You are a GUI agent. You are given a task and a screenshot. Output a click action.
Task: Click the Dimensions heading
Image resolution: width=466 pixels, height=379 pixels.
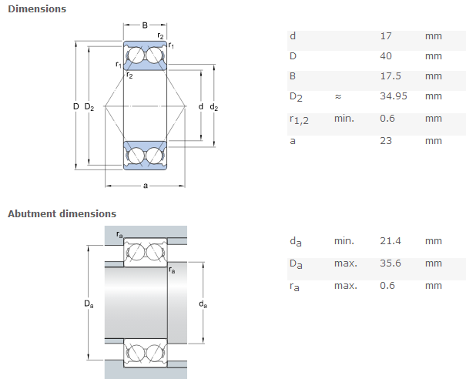37,9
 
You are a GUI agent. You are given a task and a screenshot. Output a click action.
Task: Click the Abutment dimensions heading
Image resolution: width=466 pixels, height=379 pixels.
62,213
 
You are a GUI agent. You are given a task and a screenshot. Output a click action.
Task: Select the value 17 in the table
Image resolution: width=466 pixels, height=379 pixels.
385,36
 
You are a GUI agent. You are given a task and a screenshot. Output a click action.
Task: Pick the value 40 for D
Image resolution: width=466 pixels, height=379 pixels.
387,56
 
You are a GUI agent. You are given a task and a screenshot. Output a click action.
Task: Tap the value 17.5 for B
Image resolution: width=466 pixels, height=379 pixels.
390,76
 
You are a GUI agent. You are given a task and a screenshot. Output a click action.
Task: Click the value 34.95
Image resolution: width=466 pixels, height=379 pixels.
393,96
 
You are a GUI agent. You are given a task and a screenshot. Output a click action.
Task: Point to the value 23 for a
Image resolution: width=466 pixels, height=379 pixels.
386,140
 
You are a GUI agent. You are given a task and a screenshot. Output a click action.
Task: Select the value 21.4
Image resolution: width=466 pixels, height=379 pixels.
390,241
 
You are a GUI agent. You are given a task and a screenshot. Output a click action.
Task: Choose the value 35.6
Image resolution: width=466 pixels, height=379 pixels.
390,263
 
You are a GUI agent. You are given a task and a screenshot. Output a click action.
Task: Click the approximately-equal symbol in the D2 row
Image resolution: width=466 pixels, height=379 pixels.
337,96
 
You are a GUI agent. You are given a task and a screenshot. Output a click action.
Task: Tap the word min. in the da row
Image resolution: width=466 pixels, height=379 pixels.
344,241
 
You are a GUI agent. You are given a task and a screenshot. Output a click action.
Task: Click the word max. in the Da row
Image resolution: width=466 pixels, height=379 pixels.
345,263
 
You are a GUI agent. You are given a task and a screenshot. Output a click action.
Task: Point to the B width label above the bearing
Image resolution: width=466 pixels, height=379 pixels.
145,27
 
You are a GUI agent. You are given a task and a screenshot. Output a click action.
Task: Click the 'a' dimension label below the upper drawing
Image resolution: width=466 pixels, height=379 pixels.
145,186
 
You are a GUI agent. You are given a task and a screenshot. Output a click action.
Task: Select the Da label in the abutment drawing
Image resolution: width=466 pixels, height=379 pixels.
89,304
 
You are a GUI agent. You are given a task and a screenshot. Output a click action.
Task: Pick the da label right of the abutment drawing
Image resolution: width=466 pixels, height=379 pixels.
203,304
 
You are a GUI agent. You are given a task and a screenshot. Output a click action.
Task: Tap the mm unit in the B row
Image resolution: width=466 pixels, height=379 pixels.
433,76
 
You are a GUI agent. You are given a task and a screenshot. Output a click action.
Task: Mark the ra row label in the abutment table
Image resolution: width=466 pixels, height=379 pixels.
295,286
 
